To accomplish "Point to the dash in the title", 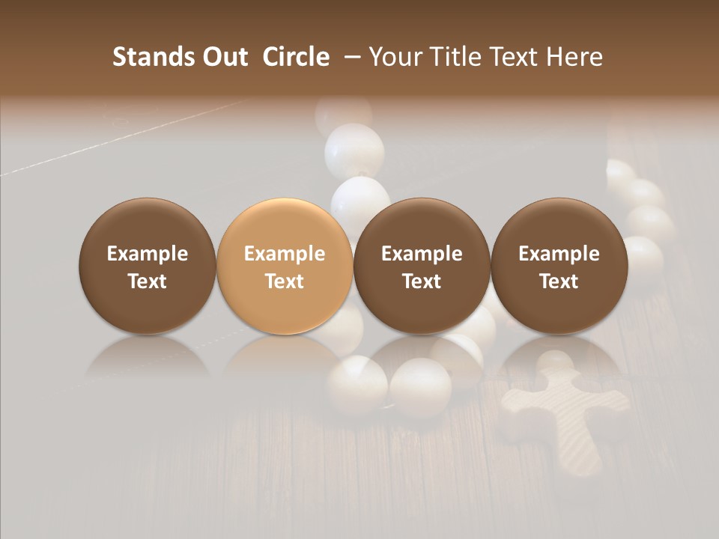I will click(x=350, y=57).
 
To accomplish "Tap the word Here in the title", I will click(x=574, y=57).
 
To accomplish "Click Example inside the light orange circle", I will click(x=285, y=254).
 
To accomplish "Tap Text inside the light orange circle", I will click(x=285, y=281).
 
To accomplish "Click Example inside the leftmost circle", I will click(x=148, y=254).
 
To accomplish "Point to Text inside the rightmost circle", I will click(x=559, y=281).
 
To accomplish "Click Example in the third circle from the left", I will click(x=422, y=254).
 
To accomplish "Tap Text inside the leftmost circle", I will click(x=148, y=281).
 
